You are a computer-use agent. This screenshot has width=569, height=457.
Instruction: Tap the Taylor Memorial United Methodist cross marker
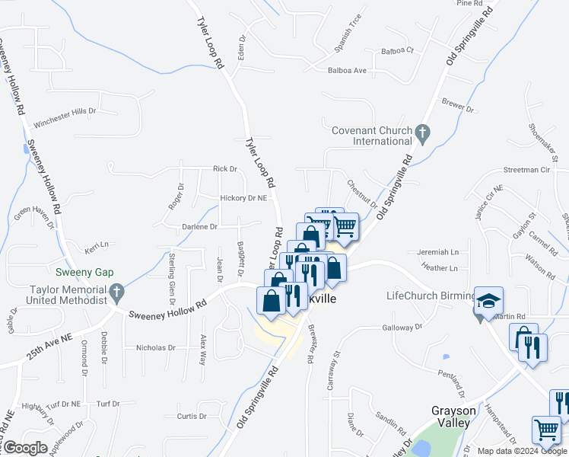(x=116, y=291)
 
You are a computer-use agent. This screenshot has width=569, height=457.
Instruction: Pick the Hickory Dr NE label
(x=243, y=198)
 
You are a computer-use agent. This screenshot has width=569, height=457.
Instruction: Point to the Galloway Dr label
(x=402, y=328)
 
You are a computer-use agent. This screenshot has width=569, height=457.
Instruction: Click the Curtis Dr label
(x=192, y=417)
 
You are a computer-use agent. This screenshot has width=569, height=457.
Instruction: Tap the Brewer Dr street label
(x=459, y=105)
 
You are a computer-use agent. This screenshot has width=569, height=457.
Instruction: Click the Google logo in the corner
(x=25, y=448)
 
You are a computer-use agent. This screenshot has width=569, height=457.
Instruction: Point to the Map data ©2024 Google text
(x=522, y=451)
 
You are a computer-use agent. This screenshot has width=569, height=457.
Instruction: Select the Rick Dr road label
(x=225, y=169)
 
